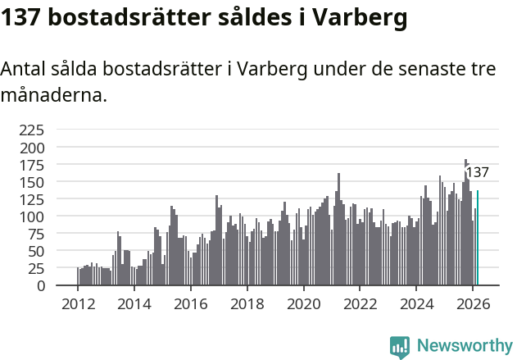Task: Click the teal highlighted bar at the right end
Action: (478, 238)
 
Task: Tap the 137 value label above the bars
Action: (477, 173)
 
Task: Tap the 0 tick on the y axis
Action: (40, 285)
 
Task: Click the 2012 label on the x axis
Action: (78, 304)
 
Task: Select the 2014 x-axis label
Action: (134, 304)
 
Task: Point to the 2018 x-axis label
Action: (247, 304)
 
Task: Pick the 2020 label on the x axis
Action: (304, 304)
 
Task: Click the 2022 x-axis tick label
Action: (361, 304)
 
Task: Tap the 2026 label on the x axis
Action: (474, 304)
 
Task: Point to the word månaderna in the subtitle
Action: (54, 95)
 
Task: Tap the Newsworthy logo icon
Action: (400, 347)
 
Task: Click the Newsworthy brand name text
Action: (464, 347)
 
